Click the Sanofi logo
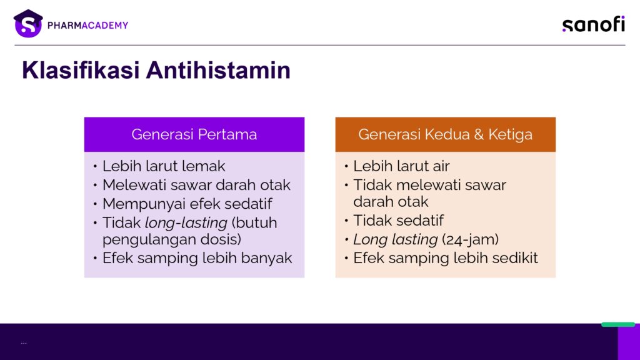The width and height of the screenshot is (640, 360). click(x=594, y=24)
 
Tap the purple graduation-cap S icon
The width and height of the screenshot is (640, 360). click(x=28, y=24)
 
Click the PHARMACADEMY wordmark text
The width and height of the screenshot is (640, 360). click(x=87, y=25)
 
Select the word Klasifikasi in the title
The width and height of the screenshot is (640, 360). click(x=81, y=70)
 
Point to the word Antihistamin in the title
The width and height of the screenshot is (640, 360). click(x=218, y=70)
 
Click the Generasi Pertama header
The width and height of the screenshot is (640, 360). click(x=194, y=134)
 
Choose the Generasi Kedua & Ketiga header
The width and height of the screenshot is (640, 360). click(x=445, y=134)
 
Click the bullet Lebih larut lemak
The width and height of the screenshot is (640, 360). click(x=164, y=166)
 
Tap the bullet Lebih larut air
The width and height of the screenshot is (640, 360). click(x=401, y=166)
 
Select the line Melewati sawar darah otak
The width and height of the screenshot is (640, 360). click(x=196, y=185)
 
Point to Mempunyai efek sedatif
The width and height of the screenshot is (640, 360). click(x=187, y=204)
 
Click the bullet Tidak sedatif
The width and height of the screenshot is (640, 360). click(x=398, y=221)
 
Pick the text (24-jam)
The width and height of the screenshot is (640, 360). click(x=470, y=239)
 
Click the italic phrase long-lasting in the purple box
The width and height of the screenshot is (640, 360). click(x=186, y=223)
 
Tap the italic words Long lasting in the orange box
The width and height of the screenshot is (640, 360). click(x=395, y=239)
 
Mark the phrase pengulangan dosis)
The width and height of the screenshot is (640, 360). click(x=172, y=239)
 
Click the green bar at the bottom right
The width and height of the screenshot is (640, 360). click(x=618, y=324)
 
